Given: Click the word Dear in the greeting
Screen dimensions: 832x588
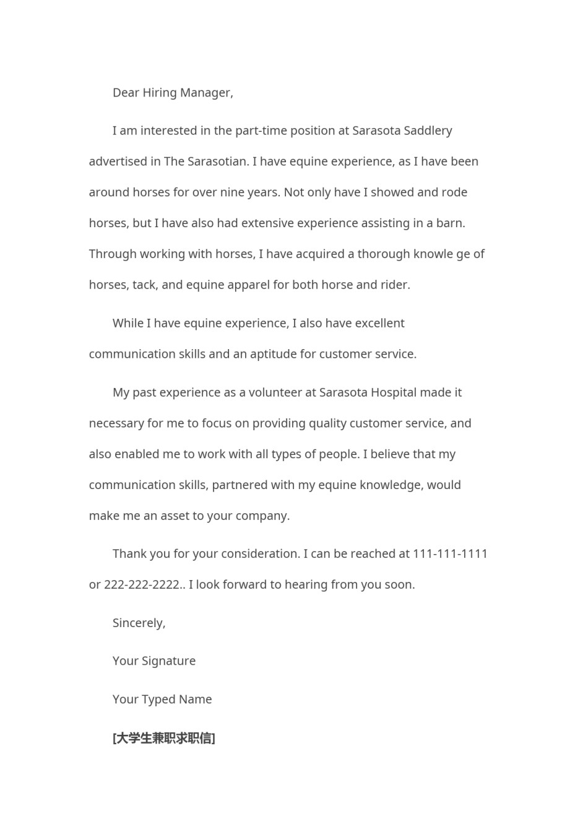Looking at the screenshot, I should [x=126, y=93].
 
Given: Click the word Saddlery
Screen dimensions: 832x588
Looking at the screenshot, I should [x=428, y=131].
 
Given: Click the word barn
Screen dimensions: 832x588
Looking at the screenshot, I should [x=451, y=223].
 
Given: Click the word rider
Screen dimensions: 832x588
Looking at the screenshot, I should [x=396, y=285].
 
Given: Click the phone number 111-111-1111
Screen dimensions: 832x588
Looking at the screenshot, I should [x=450, y=554].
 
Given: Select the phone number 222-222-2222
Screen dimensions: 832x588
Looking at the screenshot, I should [x=142, y=585].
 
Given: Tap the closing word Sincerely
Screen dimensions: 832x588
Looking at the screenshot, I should [x=139, y=623].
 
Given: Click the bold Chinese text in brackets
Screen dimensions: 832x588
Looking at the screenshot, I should [x=164, y=738].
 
